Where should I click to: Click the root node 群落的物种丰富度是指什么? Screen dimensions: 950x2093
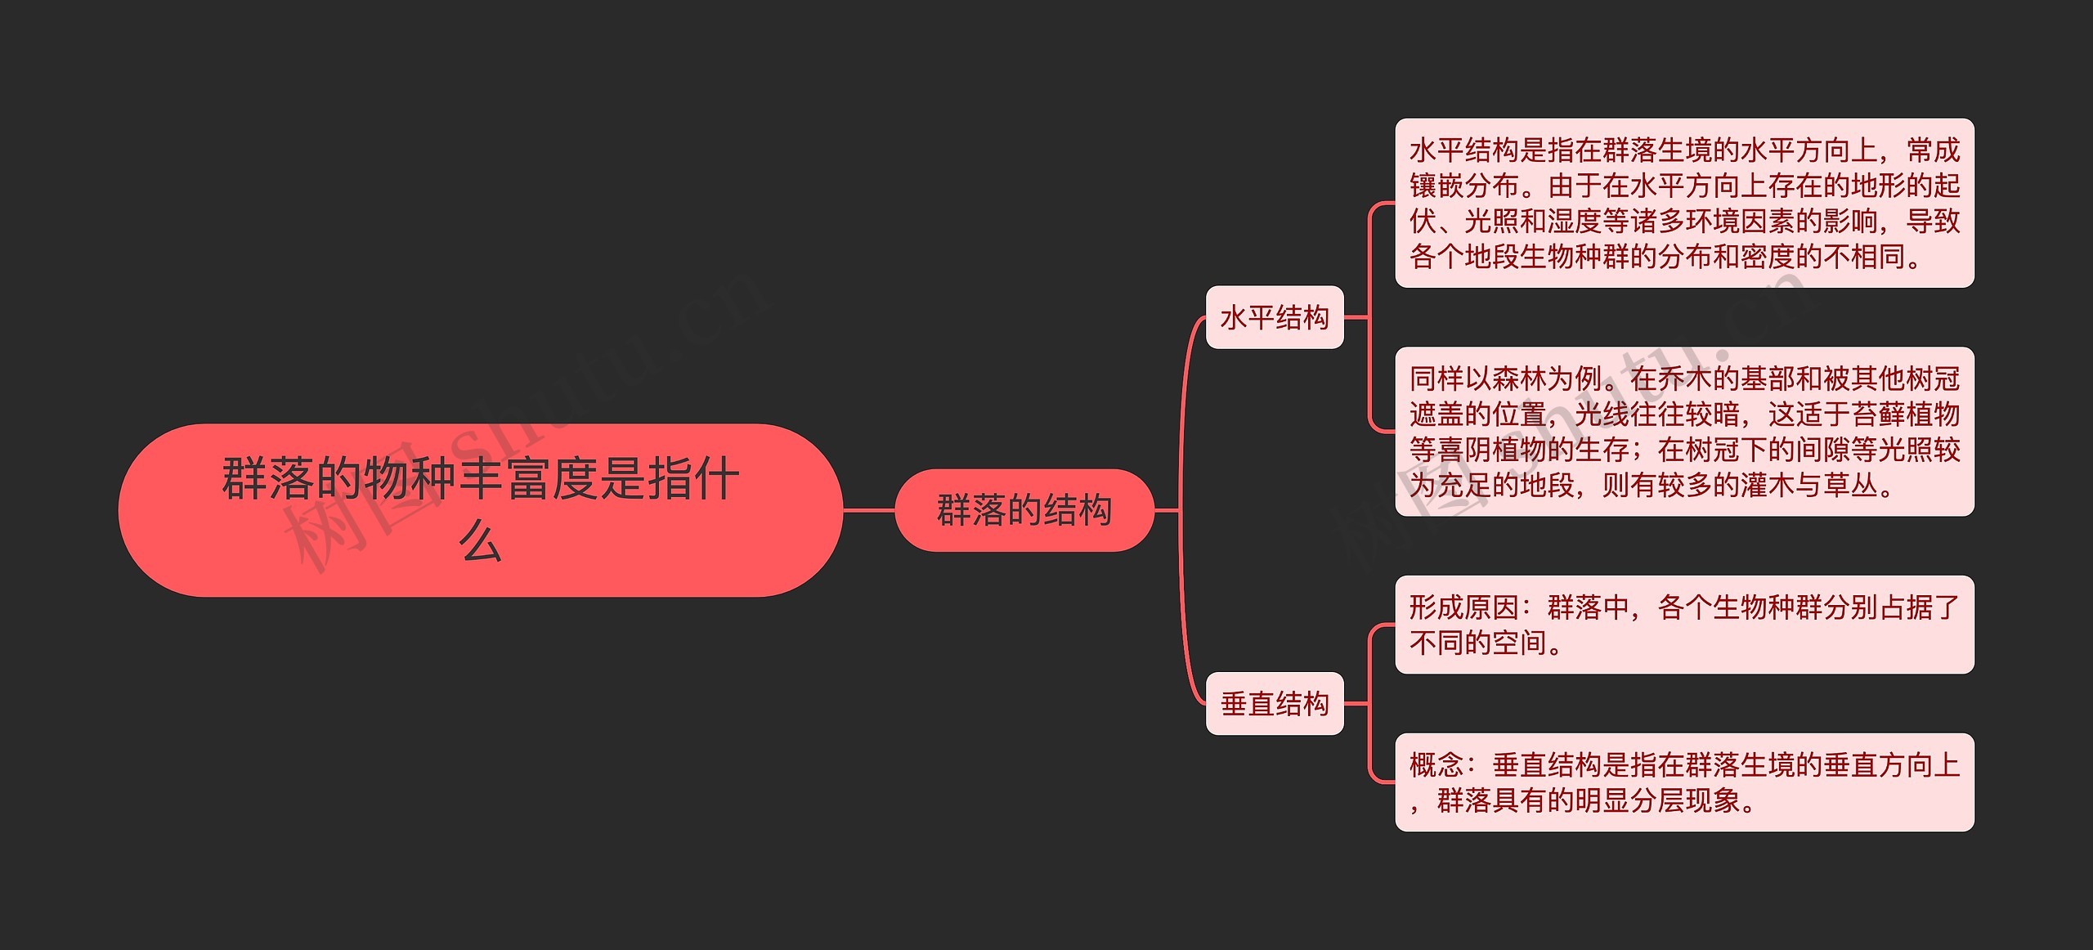[480, 509]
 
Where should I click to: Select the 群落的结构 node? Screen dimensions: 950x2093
[1024, 510]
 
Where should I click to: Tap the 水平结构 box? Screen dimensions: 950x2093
[1274, 317]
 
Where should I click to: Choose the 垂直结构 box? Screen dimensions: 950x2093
[1274, 703]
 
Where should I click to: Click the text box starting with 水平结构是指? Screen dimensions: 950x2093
[1684, 203]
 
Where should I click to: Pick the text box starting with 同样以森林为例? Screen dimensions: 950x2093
[1684, 432]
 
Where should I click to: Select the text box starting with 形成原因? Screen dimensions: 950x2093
[1684, 625]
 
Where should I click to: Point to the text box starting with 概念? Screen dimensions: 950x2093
[1684, 782]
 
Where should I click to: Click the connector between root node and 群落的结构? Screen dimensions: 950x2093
[868, 510]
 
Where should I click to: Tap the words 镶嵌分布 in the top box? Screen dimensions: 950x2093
[1464, 186]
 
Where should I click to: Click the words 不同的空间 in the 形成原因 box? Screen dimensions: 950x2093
[1477, 643]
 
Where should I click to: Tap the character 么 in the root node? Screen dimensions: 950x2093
[480, 542]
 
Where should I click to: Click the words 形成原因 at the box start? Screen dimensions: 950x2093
[1463, 607]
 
